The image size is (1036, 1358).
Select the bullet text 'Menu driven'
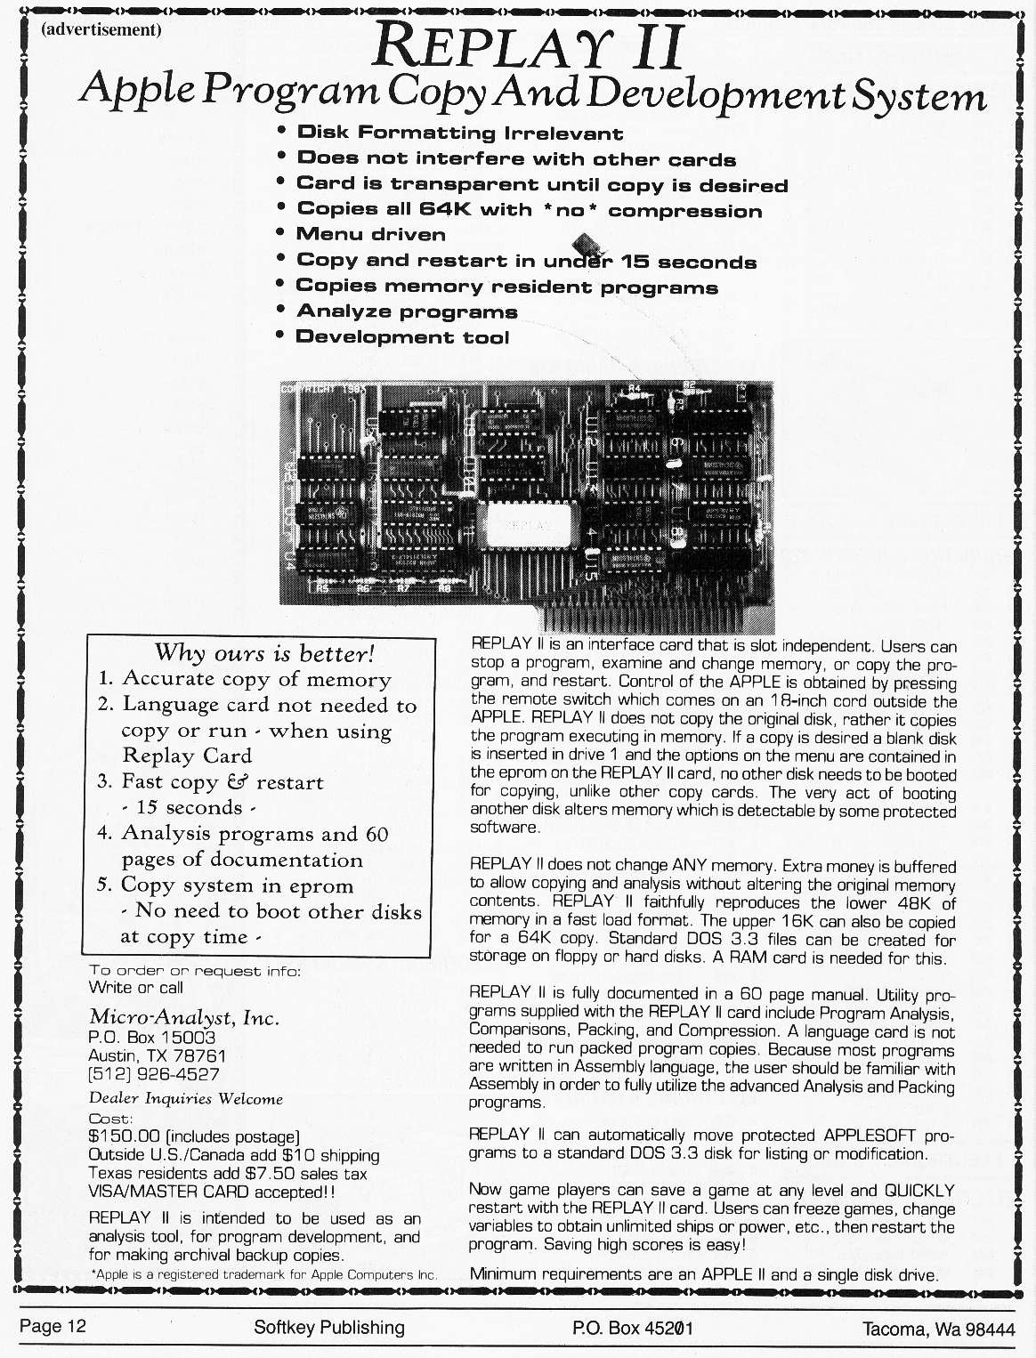(370, 235)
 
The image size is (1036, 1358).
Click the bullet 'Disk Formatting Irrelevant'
(459, 133)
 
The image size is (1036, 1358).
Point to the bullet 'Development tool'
(402, 337)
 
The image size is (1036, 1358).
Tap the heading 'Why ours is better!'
(264, 654)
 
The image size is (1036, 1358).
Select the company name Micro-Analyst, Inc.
(184, 1017)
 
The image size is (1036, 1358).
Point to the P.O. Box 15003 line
(151, 1038)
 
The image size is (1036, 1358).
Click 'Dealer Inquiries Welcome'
(185, 1099)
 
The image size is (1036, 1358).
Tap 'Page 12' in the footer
(53, 1327)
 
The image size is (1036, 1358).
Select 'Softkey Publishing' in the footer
(328, 1328)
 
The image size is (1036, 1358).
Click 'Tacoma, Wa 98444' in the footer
(938, 1329)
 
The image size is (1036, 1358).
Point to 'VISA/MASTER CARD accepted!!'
(212, 1192)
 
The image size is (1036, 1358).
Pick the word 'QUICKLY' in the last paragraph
(919, 1191)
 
